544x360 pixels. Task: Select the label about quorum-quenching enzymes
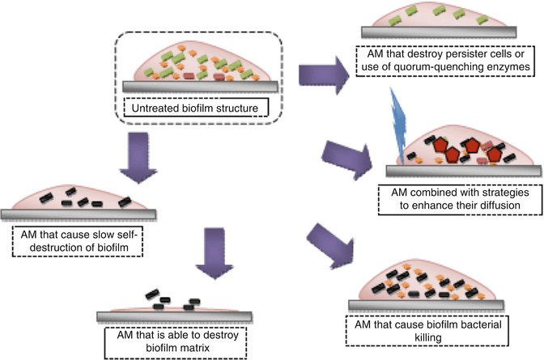pos(448,61)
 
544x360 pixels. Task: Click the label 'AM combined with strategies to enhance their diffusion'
pos(457,200)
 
